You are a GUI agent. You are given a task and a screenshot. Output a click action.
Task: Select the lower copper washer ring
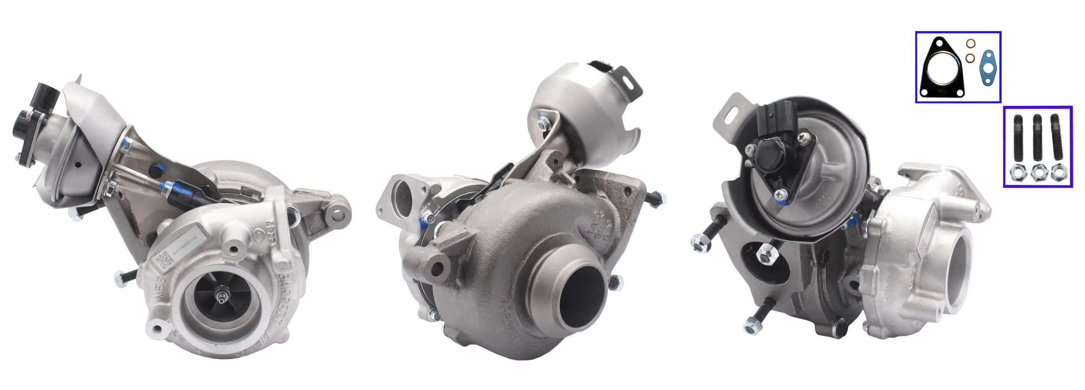(970, 58)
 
